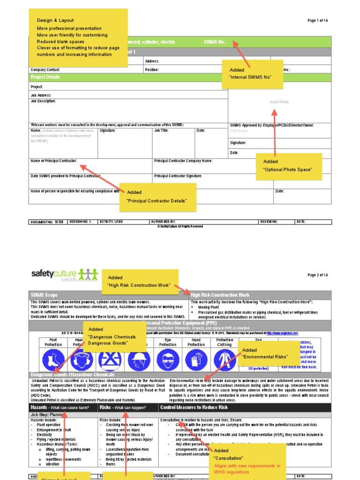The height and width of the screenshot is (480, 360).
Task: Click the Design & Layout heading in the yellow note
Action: tap(54, 21)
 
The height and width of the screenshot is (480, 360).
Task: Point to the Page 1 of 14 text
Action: tap(317, 21)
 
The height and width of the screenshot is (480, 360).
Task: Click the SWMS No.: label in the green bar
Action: tap(215, 42)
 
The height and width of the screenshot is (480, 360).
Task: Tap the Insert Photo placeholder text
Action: tap(279, 102)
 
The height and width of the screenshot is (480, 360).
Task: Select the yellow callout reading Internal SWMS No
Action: tap(256, 74)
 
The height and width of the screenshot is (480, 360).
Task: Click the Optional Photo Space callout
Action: tap(288, 166)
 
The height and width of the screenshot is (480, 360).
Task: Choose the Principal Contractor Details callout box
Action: tap(158, 197)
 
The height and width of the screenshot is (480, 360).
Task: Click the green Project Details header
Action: tap(45, 77)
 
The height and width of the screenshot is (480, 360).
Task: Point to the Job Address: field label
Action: tap(41, 95)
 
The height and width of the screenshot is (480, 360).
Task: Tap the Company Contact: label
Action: tap(45, 70)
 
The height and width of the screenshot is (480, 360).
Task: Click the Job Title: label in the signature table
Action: tap(161, 131)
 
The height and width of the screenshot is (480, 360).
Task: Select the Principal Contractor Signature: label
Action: tap(178, 176)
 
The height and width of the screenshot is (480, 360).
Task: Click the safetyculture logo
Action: tap(64, 274)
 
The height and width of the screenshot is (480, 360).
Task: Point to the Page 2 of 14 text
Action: tap(317, 275)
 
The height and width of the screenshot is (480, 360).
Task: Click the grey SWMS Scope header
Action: tap(45, 295)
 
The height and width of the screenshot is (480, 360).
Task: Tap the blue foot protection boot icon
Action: tap(53, 360)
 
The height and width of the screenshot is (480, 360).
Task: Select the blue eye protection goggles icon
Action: tap(168, 360)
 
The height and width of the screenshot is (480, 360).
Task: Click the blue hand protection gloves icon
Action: tap(196, 360)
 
